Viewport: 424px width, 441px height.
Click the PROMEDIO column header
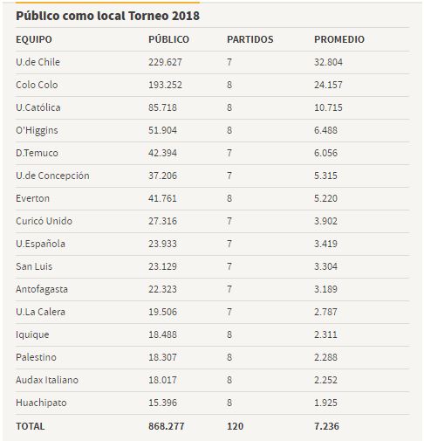click(x=339, y=39)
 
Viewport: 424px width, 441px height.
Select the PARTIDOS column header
click(x=250, y=39)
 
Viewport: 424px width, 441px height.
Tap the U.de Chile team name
click(x=38, y=62)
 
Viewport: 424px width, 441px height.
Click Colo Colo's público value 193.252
click(x=165, y=85)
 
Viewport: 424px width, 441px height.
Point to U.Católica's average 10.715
click(x=328, y=107)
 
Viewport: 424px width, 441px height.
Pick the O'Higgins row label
click(x=37, y=130)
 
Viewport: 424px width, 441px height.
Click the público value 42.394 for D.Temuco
click(x=162, y=153)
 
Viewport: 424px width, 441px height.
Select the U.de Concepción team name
click(x=52, y=176)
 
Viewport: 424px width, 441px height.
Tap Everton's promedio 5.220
click(x=325, y=198)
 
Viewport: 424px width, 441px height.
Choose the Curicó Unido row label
click(x=44, y=221)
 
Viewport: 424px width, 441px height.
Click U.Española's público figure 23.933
click(x=162, y=244)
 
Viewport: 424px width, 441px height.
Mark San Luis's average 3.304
click(x=325, y=266)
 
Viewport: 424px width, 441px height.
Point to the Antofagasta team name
click(x=42, y=289)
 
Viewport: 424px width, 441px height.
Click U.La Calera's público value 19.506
click(x=162, y=312)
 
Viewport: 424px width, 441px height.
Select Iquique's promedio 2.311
click(x=325, y=334)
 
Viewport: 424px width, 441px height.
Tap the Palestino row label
click(x=36, y=357)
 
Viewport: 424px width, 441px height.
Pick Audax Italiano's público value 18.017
click(x=162, y=380)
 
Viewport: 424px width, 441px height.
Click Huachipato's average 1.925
click(x=325, y=403)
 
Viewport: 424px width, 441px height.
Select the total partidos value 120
click(x=235, y=426)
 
